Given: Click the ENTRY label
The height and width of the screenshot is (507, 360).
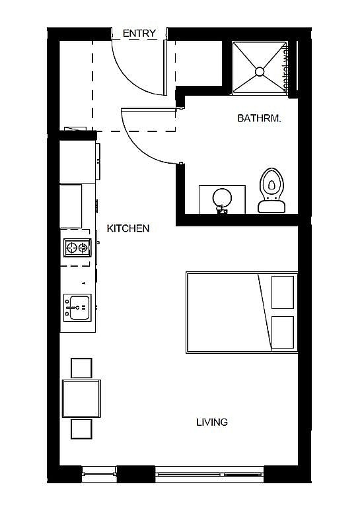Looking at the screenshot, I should pyautogui.click(x=139, y=34).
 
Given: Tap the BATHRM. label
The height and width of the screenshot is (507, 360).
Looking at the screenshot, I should pyautogui.click(x=260, y=119).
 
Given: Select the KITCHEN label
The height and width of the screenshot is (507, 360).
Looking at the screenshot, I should pyautogui.click(x=128, y=228).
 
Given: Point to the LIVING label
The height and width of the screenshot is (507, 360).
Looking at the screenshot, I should pyautogui.click(x=211, y=422).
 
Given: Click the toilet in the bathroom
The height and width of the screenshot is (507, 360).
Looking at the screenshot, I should pyautogui.click(x=271, y=188).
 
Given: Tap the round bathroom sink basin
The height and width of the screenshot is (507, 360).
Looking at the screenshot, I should pyautogui.click(x=222, y=197).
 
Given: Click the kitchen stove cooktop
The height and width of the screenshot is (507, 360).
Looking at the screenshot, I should pyautogui.click(x=77, y=248).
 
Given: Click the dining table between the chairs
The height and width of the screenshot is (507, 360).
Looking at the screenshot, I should pyautogui.click(x=81, y=398).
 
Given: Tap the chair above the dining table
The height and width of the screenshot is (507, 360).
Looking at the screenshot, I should pyautogui.click(x=81, y=368).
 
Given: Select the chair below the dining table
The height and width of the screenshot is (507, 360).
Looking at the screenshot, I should pyautogui.click(x=81, y=429).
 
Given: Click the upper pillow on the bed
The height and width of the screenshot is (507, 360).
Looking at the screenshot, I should pyautogui.click(x=282, y=292).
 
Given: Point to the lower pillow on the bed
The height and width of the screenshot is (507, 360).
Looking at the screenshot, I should pyautogui.click(x=282, y=331).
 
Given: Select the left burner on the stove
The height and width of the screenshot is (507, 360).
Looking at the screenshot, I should pyautogui.click(x=71, y=248).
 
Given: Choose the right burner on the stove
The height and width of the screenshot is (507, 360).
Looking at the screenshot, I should pyautogui.click(x=83, y=248).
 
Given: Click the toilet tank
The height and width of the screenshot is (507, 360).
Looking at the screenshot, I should pyautogui.click(x=271, y=206).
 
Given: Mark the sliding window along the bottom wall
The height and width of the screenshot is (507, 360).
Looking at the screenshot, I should pyautogui.click(x=210, y=473).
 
